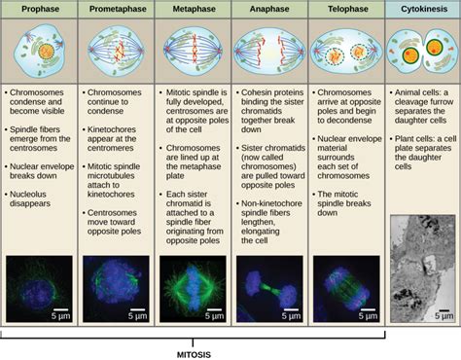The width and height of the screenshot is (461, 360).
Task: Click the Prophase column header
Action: coord(39,9)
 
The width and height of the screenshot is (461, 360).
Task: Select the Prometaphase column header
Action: coord(116,9)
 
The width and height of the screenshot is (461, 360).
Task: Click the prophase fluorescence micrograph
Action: coord(39,288)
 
